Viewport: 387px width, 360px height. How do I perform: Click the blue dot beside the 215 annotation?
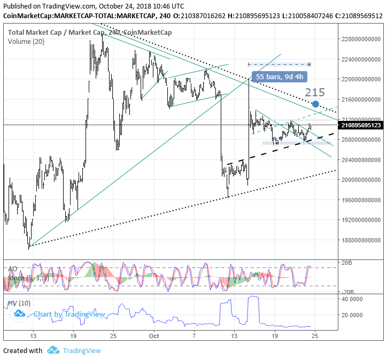pyautogui.click(x=316, y=104)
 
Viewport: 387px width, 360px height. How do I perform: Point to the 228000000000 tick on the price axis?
pyautogui.click(x=360, y=39)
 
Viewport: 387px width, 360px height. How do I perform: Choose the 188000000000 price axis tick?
pyautogui.click(x=360, y=240)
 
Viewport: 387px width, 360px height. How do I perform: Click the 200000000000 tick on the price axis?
pyautogui.click(x=360, y=180)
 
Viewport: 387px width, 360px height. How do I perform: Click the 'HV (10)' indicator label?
pyautogui.click(x=19, y=303)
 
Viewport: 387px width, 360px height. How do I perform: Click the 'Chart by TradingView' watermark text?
pyautogui.click(x=69, y=314)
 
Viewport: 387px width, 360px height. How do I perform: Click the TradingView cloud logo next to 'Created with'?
pyautogui.click(x=52, y=350)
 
